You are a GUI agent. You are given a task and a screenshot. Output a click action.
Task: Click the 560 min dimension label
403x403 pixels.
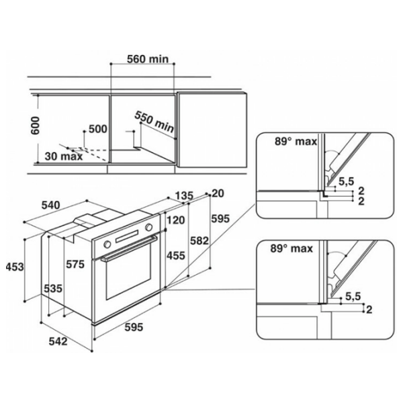pyautogui.click(x=148, y=59)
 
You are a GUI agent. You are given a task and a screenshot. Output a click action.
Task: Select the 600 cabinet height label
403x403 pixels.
pyautogui.click(x=36, y=126)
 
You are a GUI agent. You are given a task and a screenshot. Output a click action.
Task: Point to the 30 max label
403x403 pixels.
pyautogui.click(x=64, y=156)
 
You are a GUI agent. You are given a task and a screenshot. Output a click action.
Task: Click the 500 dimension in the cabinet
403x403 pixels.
pyautogui.click(x=97, y=129)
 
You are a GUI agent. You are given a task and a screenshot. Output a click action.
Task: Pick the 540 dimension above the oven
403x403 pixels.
pyautogui.click(x=51, y=205)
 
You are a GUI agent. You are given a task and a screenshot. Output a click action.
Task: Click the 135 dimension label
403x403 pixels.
pyautogui.click(x=184, y=196)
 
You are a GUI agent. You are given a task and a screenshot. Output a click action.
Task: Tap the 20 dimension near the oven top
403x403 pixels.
pyautogui.click(x=218, y=193)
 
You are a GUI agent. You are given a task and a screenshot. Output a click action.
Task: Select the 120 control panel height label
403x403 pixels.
pyautogui.click(x=176, y=220)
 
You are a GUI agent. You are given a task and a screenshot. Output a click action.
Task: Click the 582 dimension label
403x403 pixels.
pyautogui.click(x=199, y=241)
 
